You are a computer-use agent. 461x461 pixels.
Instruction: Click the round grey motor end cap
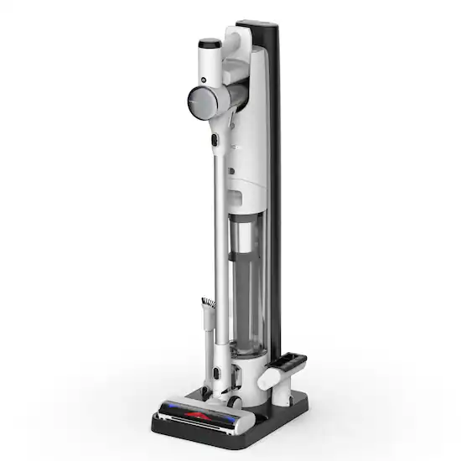(x=205, y=101)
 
